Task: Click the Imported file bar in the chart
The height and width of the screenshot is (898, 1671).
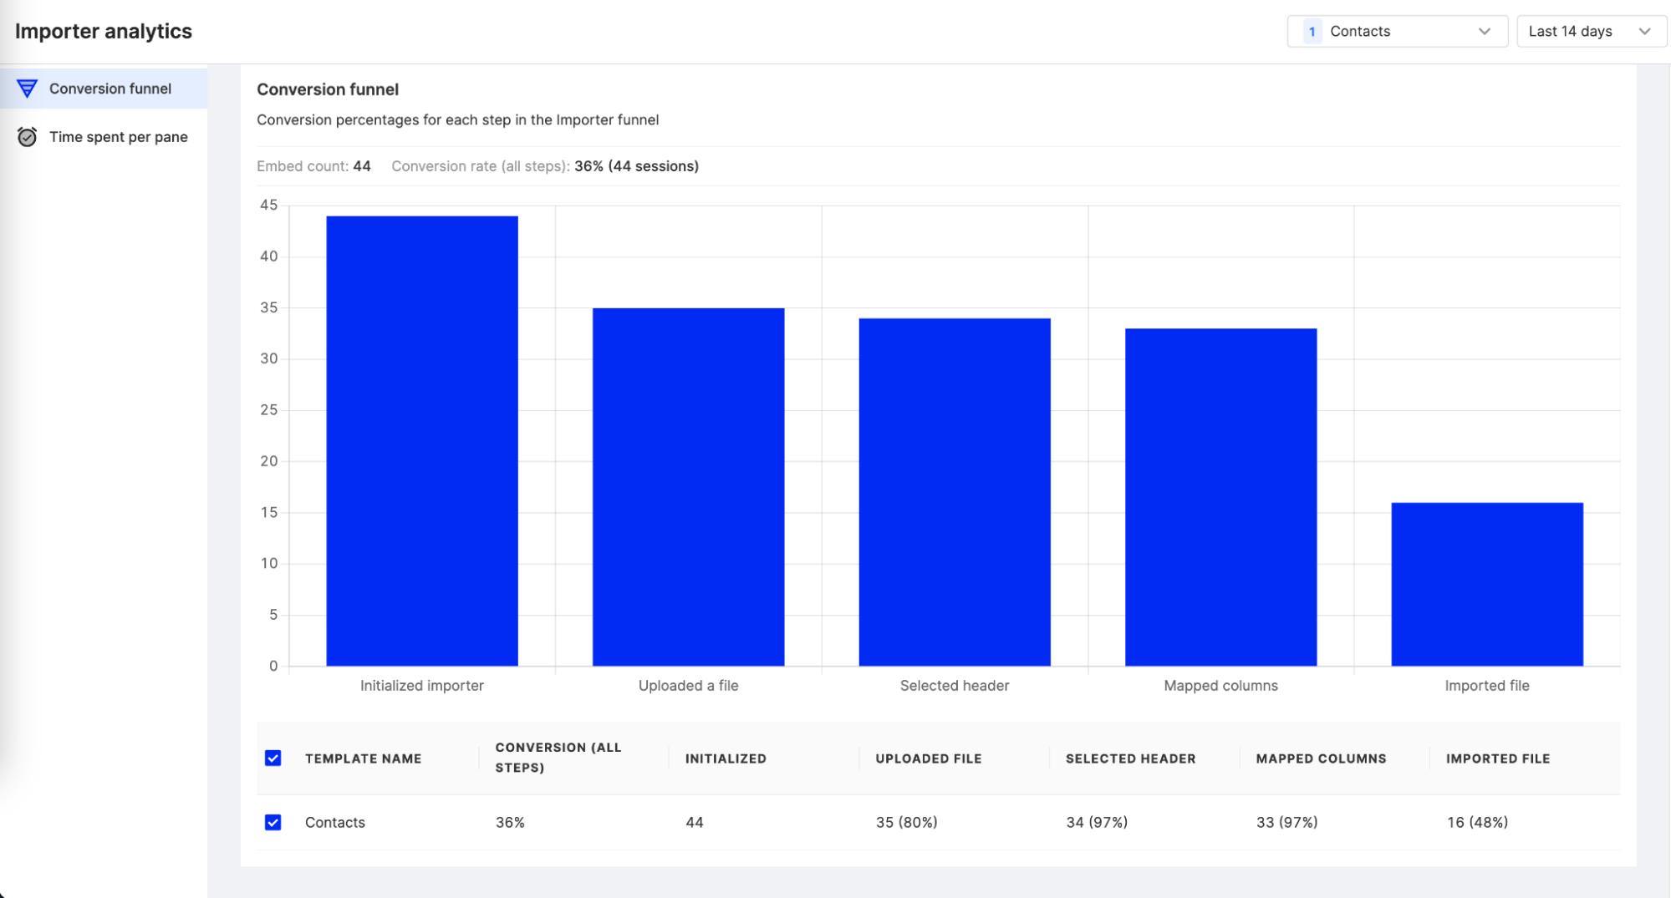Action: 1486,584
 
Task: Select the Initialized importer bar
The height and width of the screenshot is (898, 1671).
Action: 421,441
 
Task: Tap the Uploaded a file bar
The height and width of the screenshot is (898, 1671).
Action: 688,487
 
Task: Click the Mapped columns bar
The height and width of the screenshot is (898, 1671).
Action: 1220,497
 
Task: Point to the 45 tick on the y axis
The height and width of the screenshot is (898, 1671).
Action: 268,205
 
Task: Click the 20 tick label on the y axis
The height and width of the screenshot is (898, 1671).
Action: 268,461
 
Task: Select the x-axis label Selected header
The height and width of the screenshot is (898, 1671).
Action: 955,686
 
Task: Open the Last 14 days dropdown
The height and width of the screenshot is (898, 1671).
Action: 1591,32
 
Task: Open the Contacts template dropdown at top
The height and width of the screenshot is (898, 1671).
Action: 1397,32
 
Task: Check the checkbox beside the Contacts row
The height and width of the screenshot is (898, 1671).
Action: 273,823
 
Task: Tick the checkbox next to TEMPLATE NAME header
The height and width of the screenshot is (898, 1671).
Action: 273,758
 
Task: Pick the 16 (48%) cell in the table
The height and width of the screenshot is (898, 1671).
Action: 1477,823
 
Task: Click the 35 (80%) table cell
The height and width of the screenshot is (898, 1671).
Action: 906,823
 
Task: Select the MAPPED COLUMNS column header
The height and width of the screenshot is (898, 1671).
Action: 1321,758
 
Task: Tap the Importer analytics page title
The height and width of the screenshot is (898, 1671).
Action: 104,32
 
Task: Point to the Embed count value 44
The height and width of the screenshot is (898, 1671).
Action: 362,166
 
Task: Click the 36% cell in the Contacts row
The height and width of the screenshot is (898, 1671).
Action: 510,823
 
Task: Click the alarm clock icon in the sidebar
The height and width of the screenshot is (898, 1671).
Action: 27,137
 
